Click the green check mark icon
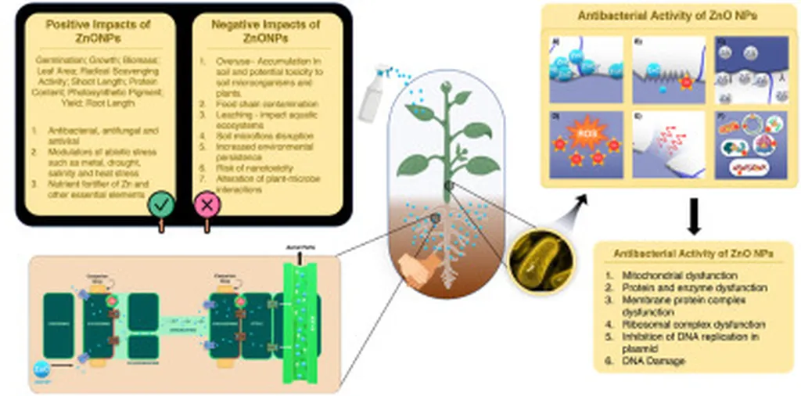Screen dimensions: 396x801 pyautogui.click(x=161, y=206)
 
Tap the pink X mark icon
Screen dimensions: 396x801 pyautogui.click(x=207, y=206)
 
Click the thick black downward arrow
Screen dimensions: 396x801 pyautogui.click(x=693, y=215)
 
